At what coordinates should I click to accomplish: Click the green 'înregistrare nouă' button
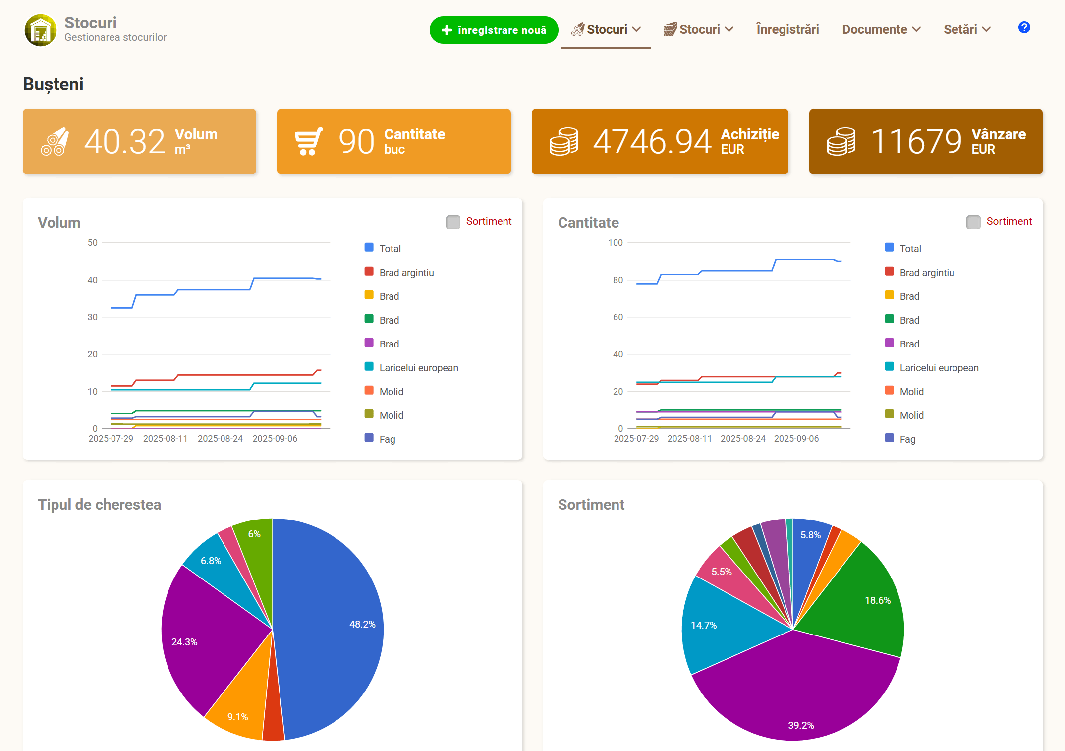pyautogui.click(x=494, y=30)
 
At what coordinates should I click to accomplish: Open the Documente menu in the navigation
pyautogui.click(x=881, y=29)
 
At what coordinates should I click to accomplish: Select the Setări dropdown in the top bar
pyautogui.click(x=967, y=29)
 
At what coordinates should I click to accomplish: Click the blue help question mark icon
pyautogui.click(x=1024, y=27)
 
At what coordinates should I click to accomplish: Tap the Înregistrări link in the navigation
pyautogui.click(x=787, y=29)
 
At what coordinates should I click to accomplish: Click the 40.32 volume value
pyautogui.click(x=124, y=142)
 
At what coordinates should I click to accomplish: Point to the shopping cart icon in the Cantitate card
pyautogui.click(x=309, y=142)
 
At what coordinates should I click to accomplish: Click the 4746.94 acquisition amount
pyautogui.click(x=652, y=142)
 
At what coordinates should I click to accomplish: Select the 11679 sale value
pyautogui.click(x=916, y=142)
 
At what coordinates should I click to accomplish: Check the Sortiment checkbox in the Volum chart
pyautogui.click(x=453, y=222)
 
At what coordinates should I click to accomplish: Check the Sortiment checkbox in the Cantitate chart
pyautogui.click(x=973, y=222)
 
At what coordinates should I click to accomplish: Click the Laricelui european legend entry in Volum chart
pyautogui.click(x=411, y=367)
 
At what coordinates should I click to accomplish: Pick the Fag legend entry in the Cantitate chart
pyautogui.click(x=900, y=439)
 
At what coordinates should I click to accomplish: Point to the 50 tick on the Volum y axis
pyautogui.click(x=93, y=243)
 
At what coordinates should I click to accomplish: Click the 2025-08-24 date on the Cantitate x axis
pyautogui.click(x=743, y=439)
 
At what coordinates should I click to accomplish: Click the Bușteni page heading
pyautogui.click(x=53, y=84)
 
